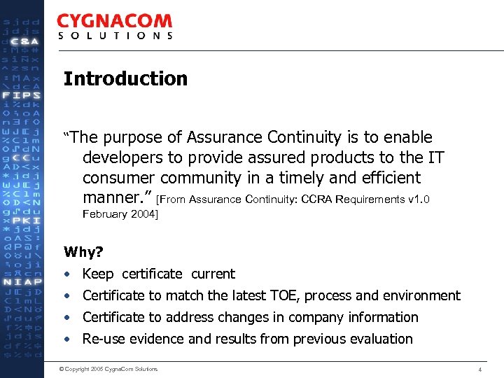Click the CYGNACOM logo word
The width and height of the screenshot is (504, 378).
pos(114,22)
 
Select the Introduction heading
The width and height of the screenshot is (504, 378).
pos(125,78)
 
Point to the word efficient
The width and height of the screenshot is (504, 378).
pos(388,178)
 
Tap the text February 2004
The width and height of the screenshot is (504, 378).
pos(120,214)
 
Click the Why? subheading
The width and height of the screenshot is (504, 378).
pos(83,251)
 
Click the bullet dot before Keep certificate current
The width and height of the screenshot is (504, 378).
pos(66,274)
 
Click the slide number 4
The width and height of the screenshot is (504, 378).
pos(479,369)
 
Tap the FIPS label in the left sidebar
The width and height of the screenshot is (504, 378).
pos(22,95)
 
